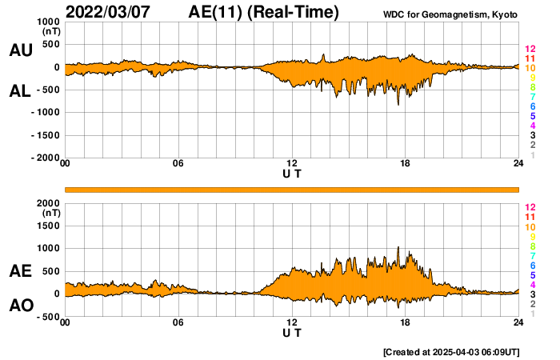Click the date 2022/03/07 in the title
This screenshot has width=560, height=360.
point(111,12)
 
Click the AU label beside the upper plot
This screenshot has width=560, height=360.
point(20,50)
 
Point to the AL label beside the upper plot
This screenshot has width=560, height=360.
point(20,91)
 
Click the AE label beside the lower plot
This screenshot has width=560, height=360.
point(20,272)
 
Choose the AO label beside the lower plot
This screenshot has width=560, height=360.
point(20,306)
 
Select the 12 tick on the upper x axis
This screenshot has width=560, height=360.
point(292,165)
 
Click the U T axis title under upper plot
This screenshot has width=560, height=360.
point(292,174)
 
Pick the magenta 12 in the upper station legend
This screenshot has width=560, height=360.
point(530,50)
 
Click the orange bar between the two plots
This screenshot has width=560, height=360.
point(292,189)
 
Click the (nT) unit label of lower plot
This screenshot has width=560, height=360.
point(50,213)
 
